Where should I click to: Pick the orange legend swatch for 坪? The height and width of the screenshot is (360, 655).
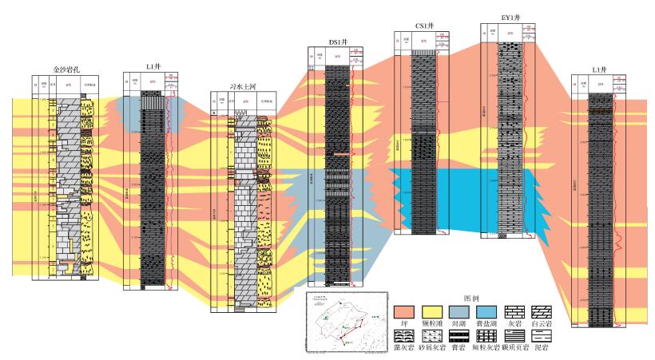pyautogui.click(x=405, y=311)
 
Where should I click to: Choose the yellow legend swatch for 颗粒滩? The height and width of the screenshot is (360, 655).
pyautogui.click(x=433, y=311)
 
